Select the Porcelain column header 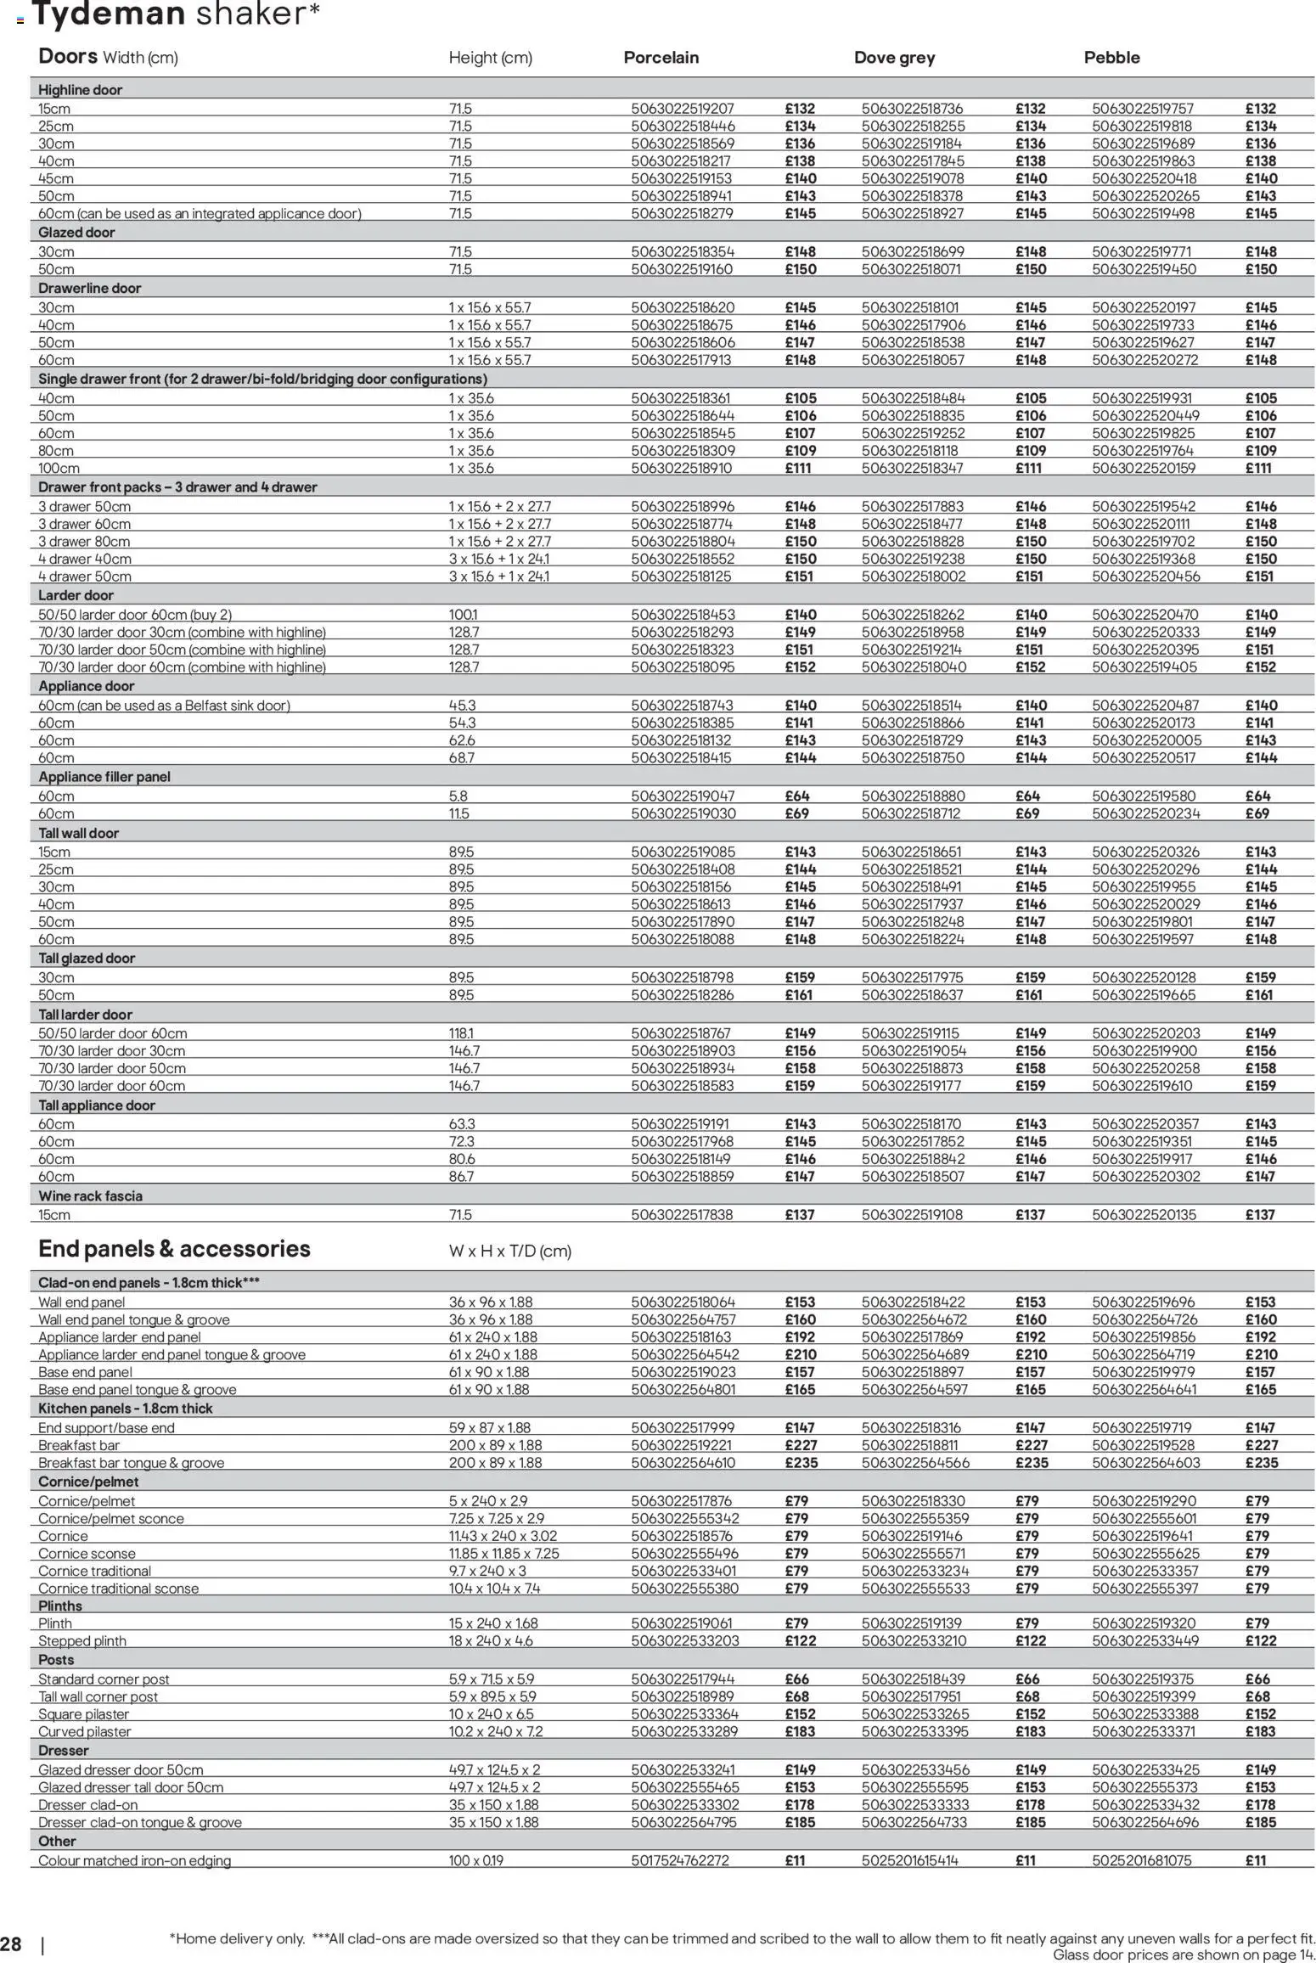click(661, 58)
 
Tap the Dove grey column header click(894, 58)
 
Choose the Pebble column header click(1111, 58)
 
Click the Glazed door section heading click(76, 233)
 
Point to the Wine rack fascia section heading click(90, 1195)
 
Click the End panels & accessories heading click(174, 1249)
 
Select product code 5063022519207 click(683, 109)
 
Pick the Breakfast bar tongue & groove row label click(132, 1462)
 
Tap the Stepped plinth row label click(82, 1640)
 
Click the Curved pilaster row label click(85, 1731)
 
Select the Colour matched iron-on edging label click(134, 1860)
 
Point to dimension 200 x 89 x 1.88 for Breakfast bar click(495, 1445)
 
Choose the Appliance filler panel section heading click(104, 777)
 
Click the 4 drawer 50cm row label click(85, 577)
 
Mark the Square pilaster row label click(84, 1713)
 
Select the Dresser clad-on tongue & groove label click(140, 1822)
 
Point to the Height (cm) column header click(490, 58)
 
